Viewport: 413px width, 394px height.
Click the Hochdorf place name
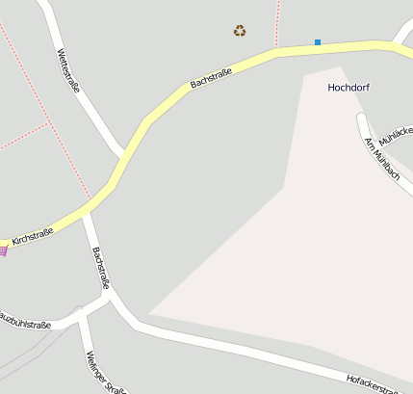pyautogui.click(x=348, y=88)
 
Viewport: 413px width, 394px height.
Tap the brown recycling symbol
pyautogui.click(x=240, y=31)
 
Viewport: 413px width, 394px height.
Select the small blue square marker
pyautogui.click(x=318, y=41)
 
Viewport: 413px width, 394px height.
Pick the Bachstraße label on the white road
pyautogui.click(x=101, y=267)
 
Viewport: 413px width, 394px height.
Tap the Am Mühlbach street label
pyautogui.click(x=382, y=157)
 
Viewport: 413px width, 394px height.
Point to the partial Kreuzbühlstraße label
pyautogui.click(x=24, y=321)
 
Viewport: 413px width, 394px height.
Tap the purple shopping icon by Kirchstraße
pyautogui.click(x=3, y=250)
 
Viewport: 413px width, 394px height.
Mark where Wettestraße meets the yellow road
pyautogui.click(x=123, y=155)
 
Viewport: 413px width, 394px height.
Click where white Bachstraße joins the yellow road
pyautogui.click(x=86, y=212)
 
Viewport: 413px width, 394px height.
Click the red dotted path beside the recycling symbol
pyautogui.click(x=277, y=23)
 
